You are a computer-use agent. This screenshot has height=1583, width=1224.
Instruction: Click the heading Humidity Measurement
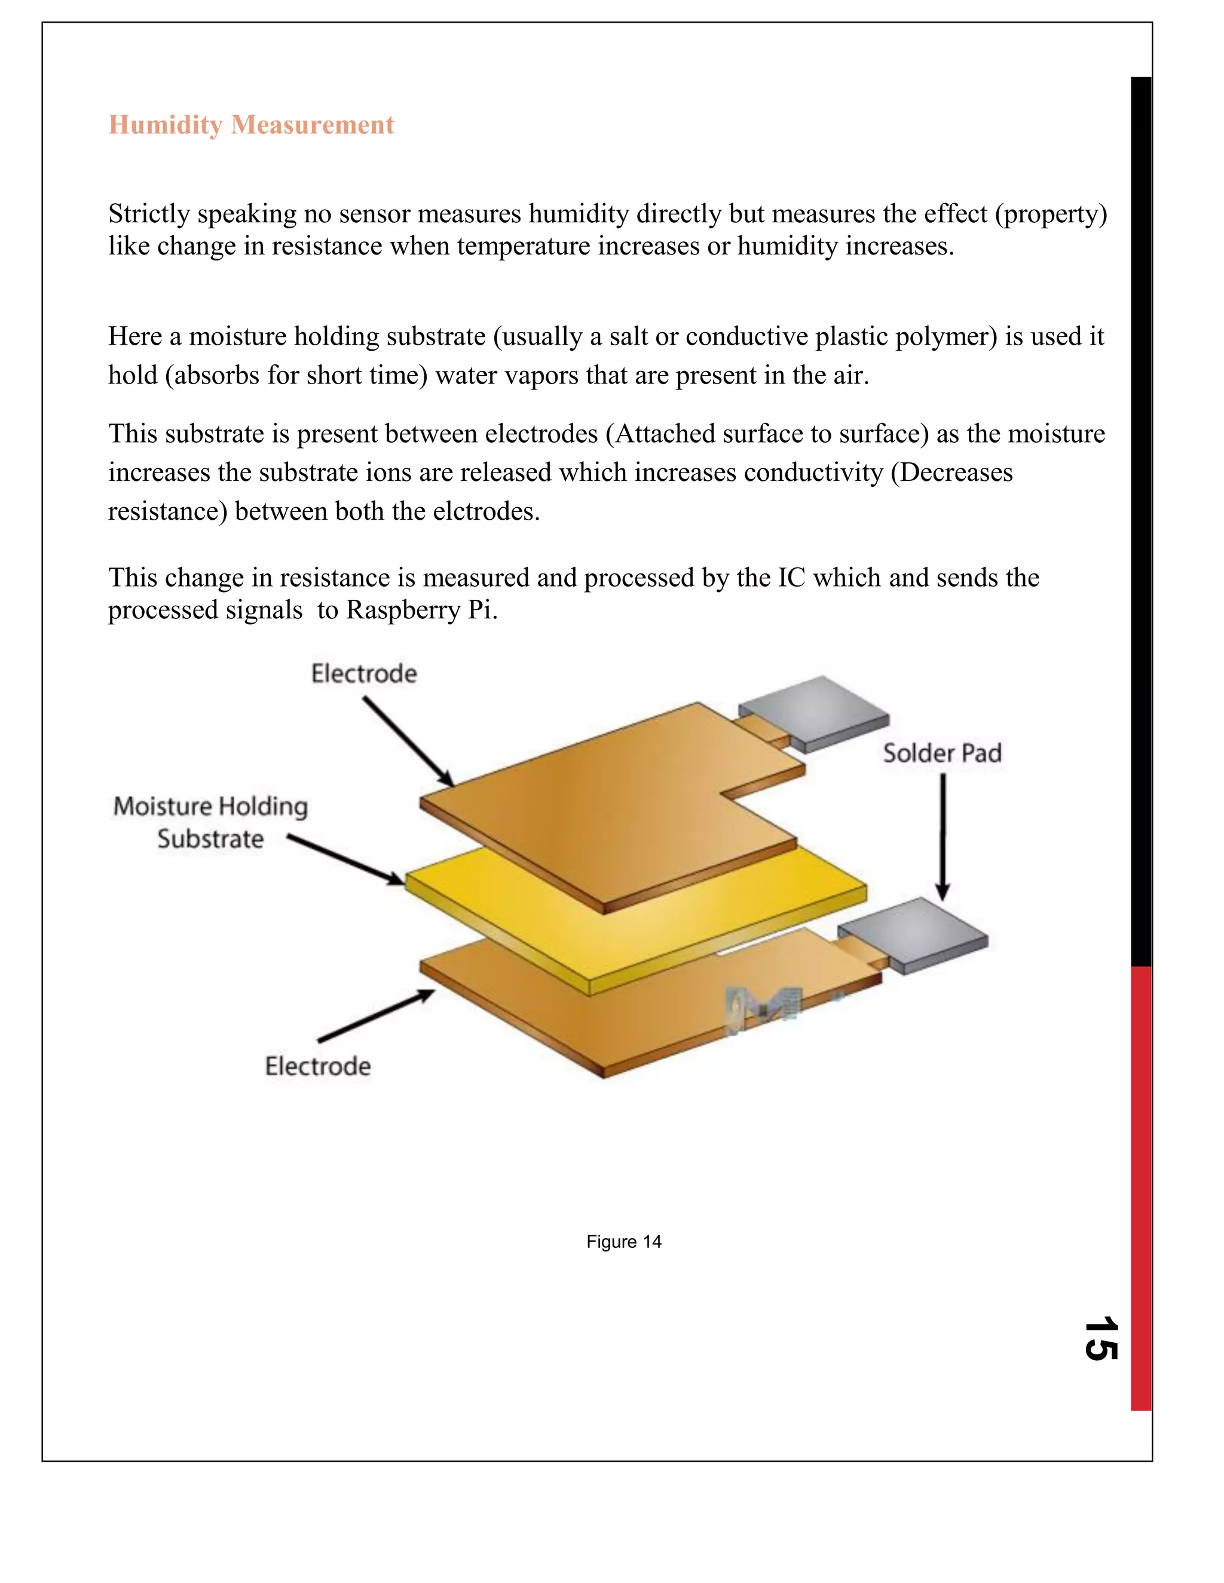click(x=251, y=125)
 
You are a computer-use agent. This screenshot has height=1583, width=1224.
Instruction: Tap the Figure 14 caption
click(x=623, y=1242)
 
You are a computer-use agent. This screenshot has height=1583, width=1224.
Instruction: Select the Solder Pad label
click(x=942, y=754)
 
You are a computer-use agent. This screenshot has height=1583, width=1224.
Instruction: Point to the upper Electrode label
click(x=364, y=674)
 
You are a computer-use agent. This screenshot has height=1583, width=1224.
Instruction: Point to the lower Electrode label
click(x=317, y=1066)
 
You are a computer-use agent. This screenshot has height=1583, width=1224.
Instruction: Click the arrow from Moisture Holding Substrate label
click(x=346, y=860)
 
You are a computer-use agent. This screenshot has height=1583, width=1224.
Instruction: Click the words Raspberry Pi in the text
click(x=421, y=611)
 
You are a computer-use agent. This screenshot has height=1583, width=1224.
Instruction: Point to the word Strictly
click(x=149, y=214)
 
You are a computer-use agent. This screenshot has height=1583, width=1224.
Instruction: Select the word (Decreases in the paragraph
click(x=951, y=473)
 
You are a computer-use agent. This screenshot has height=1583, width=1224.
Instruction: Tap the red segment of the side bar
click(x=1140, y=1189)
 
